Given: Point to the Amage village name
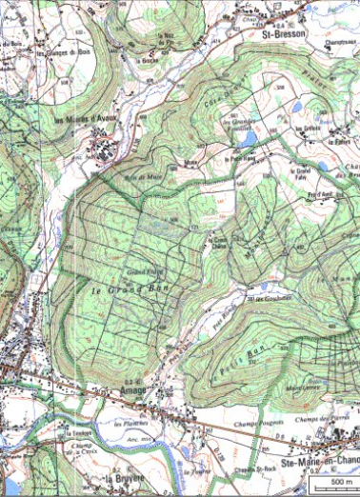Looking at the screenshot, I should (135, 387).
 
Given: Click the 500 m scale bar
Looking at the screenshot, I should (336, 484).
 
